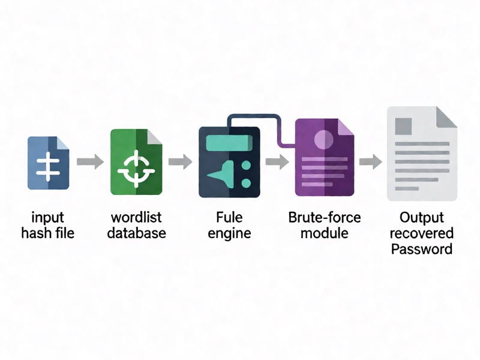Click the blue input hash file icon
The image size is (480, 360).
pyautogui.click(x=49, y=163)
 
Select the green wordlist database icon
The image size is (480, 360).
pyautogui.click(x=136, y=162)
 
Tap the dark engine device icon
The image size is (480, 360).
pyautogui.click(x=229, y=162)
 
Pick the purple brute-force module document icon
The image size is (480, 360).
pyautogui.click(x=325, y=157)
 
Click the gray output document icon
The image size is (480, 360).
pyautogui.click(x=422, y=154)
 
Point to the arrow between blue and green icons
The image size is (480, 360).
pyautogui.click(x=90, y=161)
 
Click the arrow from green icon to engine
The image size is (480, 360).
pyautogui.click(x=181, y=161)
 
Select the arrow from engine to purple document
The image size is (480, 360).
pyautogui.click(x=277, y=161)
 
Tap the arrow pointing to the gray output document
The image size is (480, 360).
pyautogui.click(x=370, y=161)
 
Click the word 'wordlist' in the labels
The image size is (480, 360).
pyautogui.click(x=136, y=217)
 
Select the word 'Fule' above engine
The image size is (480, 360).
pyautogui.click(x=229, y=217)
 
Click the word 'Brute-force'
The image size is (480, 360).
pyautogui.click(x=325, y=217)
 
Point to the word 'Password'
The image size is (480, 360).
pyautogui.click(x=422, y=249)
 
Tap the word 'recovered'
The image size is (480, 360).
pyautogui.click(x=422, y=233)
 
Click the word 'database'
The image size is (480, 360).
pyautogui.click(x=137, y=233)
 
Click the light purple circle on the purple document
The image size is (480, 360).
pyautogui.click(x=323, y=140)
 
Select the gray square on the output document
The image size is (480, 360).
pyautogui.click(x=403, y=126)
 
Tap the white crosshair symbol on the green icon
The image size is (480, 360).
pyautogui.click(x=136, y=169)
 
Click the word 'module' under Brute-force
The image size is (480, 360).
pyautogui.click(x=325, y=233)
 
